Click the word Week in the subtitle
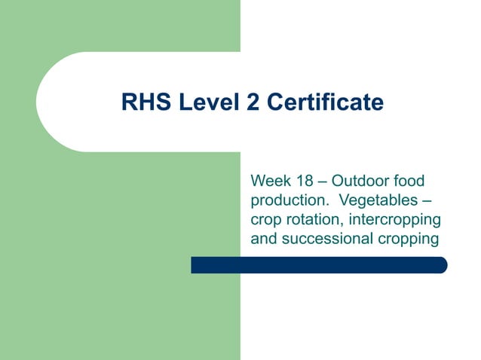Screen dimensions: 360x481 268,182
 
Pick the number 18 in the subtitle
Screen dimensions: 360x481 304,182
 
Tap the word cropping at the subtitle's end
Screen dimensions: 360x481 407,240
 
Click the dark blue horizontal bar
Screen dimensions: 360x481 317,265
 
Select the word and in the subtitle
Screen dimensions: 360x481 262,240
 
